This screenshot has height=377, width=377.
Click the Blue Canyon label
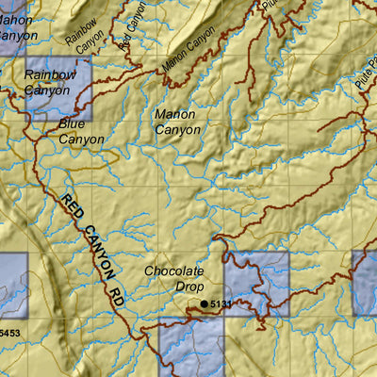pyautogui.click(x=81, y=131)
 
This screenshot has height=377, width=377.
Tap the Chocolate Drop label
pyautogui.click(x=174, y=278)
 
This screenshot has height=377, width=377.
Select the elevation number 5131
pyautogui.click(x=220, y=303)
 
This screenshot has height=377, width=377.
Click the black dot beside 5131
pyautogui.click(x=204, y=303)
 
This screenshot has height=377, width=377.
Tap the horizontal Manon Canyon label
pyautogui.click(x=175, y=122)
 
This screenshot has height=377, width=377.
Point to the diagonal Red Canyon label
pyautogui.click(x=135, y=33)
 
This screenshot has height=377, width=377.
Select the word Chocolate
pyautogui.click(x=174, y=271)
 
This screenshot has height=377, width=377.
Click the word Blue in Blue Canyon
pyautogui.click(x=72, y=123)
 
